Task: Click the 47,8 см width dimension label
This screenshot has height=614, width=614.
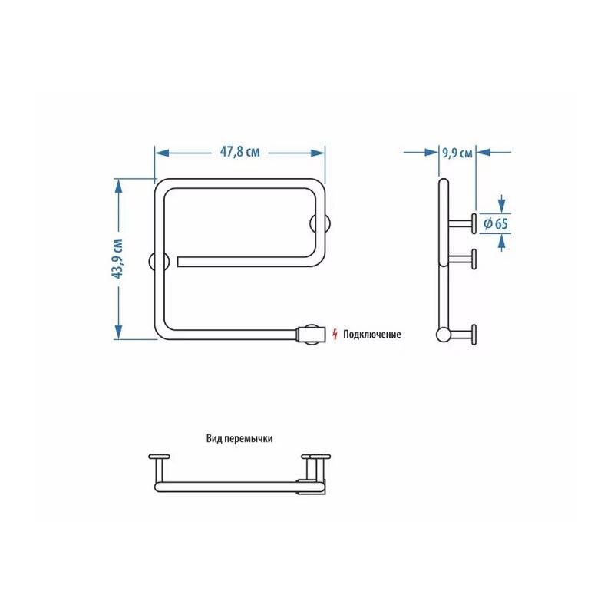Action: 239,152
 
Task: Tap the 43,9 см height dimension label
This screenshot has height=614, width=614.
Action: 117,259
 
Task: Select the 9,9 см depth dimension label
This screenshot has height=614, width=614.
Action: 457,152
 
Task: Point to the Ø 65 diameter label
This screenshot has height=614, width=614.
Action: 495,223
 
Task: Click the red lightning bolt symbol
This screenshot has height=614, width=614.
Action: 335,335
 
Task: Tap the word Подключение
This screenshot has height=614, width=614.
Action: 372,335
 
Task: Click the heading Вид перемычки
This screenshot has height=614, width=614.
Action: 239,438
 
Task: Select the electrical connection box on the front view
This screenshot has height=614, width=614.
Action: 312,335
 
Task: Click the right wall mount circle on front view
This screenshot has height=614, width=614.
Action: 320,224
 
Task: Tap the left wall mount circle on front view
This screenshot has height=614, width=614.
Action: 159,262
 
